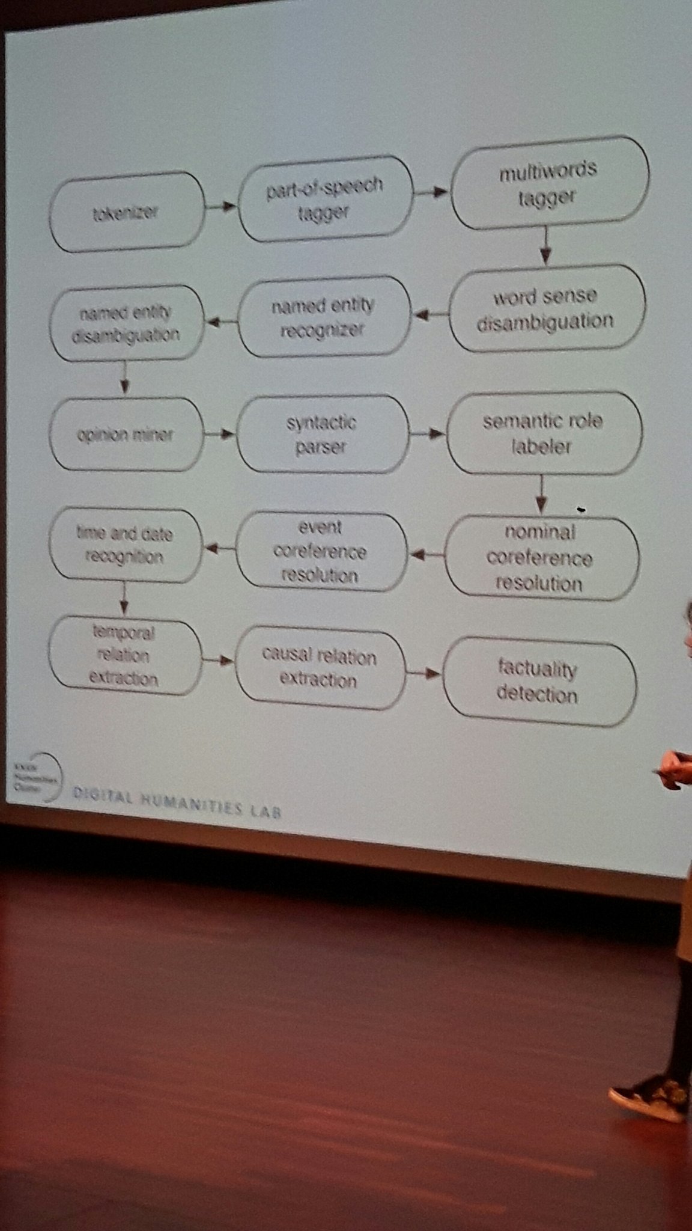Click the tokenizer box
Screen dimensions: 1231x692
point(127,212)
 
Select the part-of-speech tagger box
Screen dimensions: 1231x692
point(325,198)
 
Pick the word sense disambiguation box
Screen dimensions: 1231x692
point(546,308)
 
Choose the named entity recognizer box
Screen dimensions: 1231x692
point(323,317)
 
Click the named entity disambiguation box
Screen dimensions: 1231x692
point(126,323)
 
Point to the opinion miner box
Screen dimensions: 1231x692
point(125,434)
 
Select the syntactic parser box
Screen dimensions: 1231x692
point(321,435)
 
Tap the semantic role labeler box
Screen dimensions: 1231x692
point(543,433)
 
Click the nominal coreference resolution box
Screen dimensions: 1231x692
point(540,558)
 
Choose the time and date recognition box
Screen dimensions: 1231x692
point(124,545)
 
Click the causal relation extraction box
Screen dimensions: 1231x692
point(319,668)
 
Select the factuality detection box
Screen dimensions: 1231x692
point(538,683)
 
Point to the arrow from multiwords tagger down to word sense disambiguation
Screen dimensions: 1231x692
point(545,245)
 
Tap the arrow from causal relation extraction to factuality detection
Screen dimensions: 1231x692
point(423,673)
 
